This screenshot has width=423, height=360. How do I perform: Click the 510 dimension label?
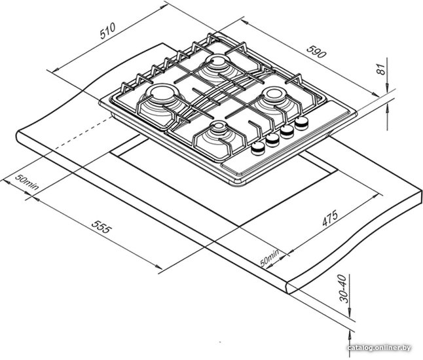[107, 31]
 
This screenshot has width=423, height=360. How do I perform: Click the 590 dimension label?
[316, 52]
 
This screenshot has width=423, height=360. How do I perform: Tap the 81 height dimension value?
[380, 69]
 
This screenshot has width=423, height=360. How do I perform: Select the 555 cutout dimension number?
[101, 226]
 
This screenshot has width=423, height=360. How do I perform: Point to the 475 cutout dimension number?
[330, 218]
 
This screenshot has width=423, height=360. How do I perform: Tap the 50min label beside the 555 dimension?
[27, 182]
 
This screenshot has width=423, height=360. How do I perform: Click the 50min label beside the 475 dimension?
[269, 258]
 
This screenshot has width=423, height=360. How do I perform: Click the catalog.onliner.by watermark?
[379, 348]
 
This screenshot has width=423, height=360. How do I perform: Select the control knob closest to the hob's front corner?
[258, 148]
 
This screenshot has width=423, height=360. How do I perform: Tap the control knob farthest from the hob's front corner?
[302, 123]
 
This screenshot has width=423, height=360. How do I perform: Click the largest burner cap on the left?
[162, 92]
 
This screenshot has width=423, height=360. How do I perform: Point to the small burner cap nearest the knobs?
[219, 126]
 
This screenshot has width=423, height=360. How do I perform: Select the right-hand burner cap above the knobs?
[274, 94]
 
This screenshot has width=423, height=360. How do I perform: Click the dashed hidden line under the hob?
[84, 133]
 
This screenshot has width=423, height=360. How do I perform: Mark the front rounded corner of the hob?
[240, 184]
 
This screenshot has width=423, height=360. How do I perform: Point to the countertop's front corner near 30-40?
[287, 288]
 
